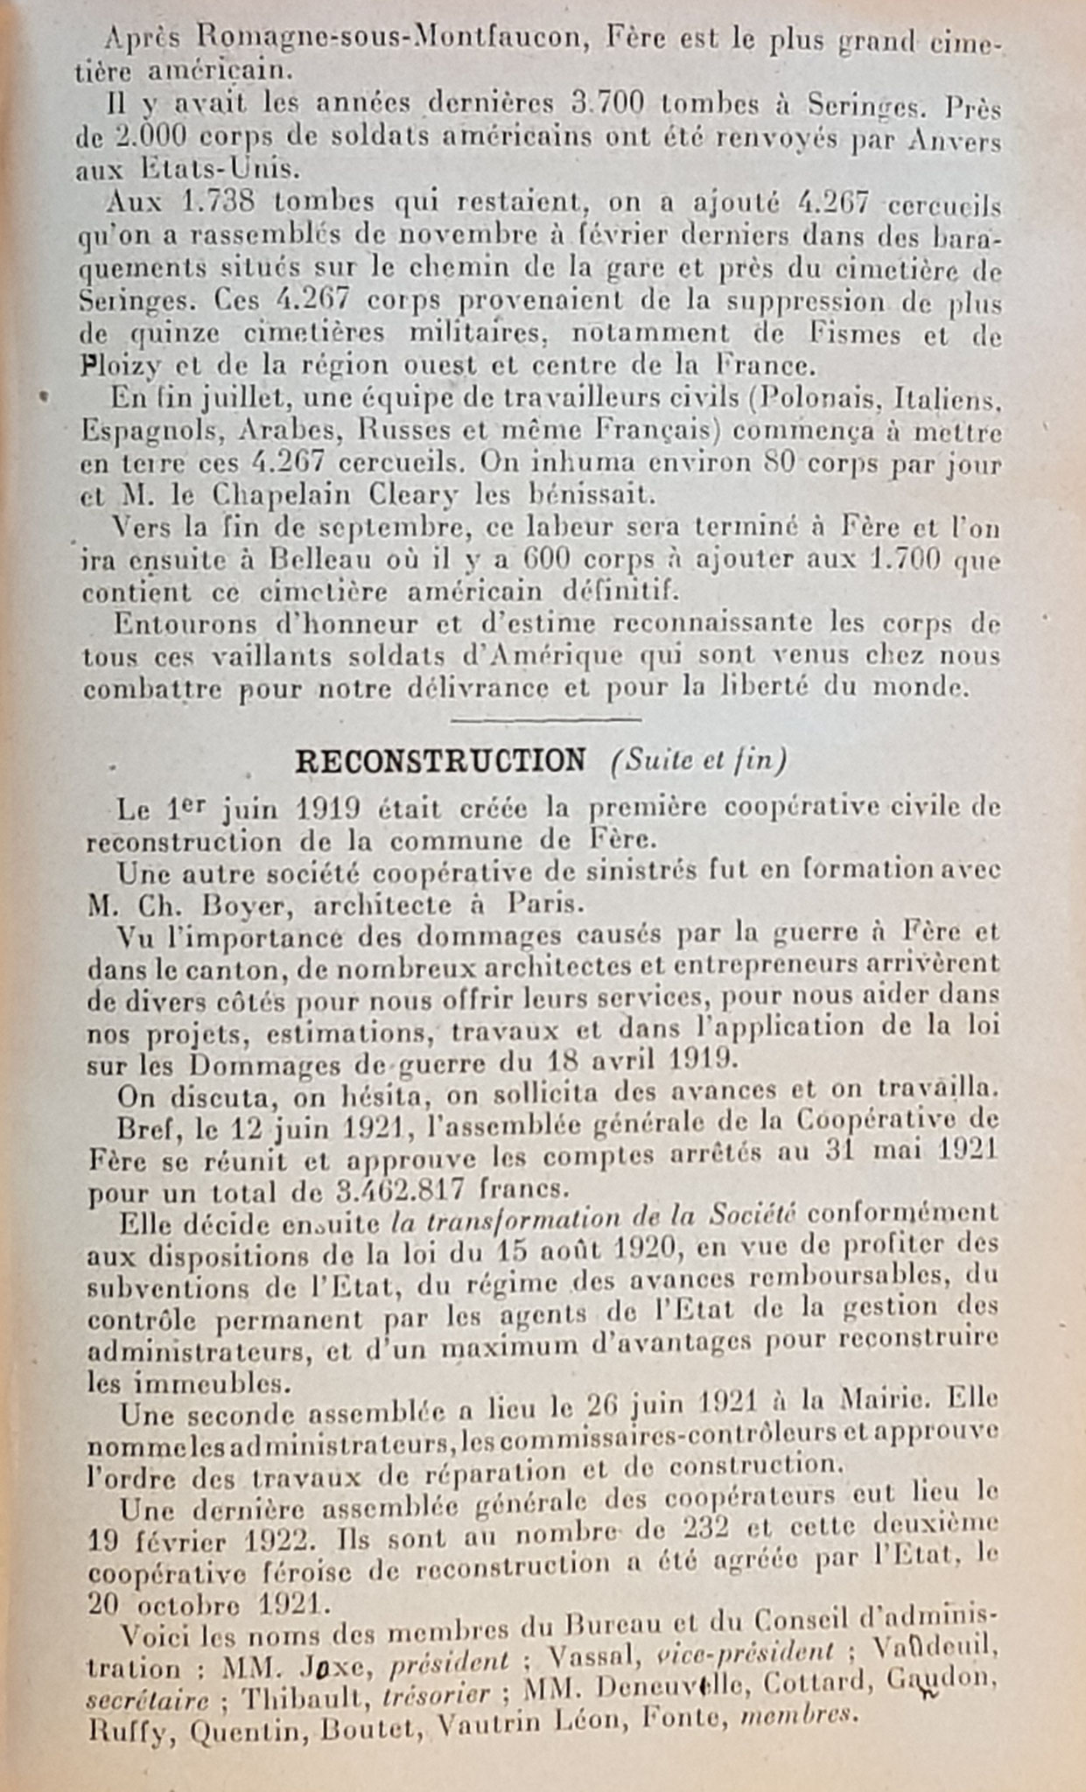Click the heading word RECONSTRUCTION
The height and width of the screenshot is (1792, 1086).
440,761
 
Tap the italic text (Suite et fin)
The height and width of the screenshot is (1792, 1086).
698,761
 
